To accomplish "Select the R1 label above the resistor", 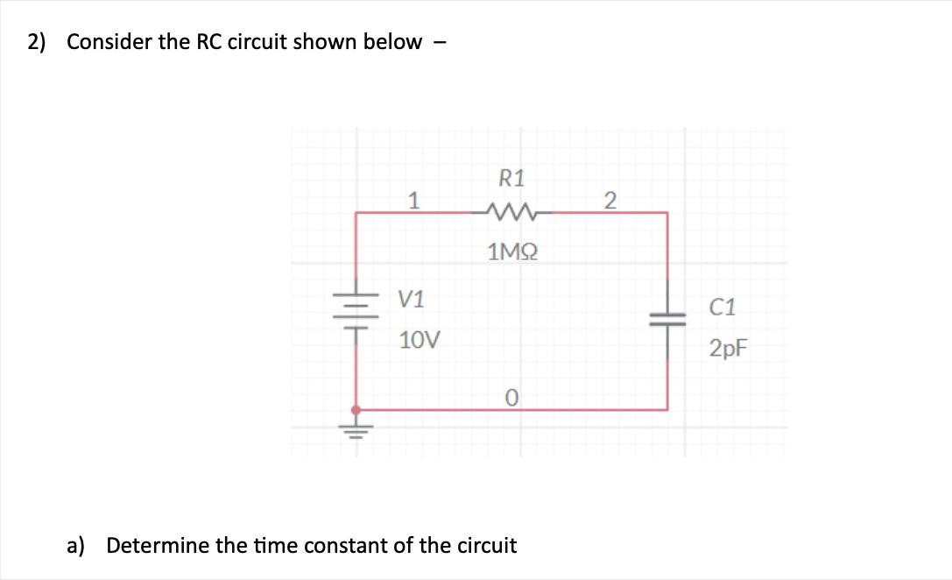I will click(511, 179).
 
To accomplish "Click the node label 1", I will click(413, 201).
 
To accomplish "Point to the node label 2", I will click(611, 201).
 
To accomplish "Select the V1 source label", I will click(411, 300).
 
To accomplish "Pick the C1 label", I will click(723, 308).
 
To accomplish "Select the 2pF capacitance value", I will click(729, 349).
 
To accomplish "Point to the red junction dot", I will click(356, 409).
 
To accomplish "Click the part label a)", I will click(76, 546).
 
